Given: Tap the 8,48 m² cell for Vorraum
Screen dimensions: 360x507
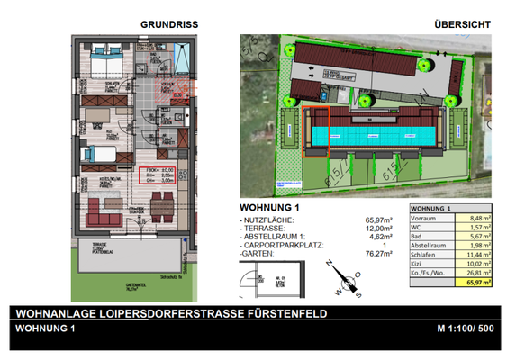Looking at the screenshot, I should click(474, 216).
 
